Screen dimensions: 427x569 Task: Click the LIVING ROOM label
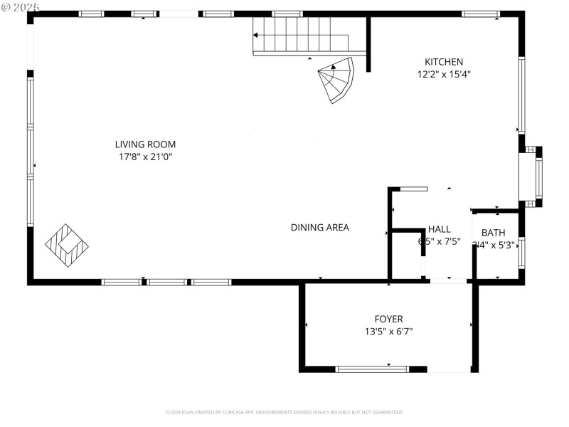pos(146,144)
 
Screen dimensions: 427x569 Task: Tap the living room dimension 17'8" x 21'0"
pos(146,157)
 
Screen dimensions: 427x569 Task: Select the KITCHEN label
pos(444,62)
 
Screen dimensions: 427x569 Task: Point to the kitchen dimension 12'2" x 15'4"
pos(444,74)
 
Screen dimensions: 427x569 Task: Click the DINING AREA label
pos(319,228)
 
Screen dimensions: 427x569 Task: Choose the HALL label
pos(439,229)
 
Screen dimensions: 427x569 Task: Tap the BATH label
pos(493,233)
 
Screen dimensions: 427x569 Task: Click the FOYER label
pos(388,319)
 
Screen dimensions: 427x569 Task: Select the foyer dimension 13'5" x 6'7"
pos(388,331)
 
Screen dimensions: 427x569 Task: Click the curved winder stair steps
pos(337,80)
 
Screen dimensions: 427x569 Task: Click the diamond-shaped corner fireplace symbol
pos(67,246)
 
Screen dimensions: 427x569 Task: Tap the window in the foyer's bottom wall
pos(372,369)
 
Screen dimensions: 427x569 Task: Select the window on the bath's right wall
pos(521,253)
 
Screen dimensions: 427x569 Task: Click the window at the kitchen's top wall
pos(480,14)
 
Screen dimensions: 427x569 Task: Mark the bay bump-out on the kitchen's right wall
pos(531,176)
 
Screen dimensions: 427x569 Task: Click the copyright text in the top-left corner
pos(21,6)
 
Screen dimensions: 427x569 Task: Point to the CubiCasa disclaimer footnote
pos(284,412)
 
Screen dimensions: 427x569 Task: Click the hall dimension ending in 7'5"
pos(439,241)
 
